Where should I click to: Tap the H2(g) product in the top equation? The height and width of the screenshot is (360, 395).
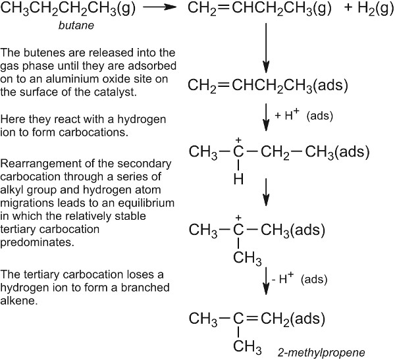point(359,9)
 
